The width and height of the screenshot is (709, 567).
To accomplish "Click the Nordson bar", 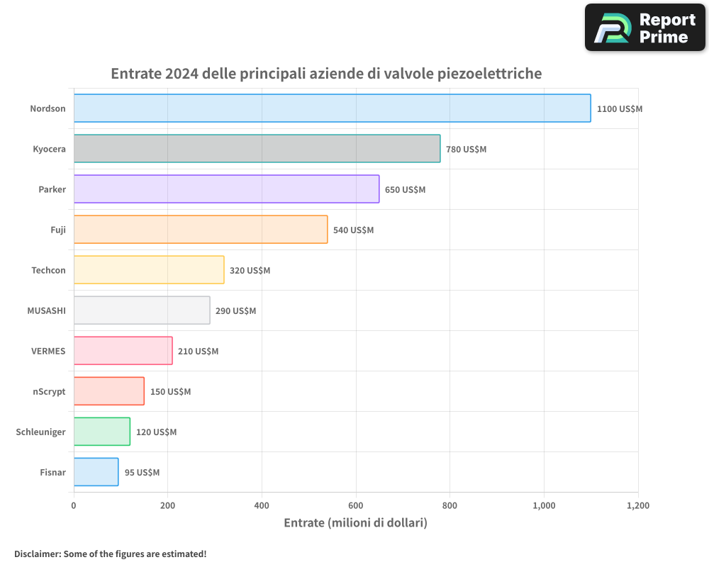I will click(332, 108).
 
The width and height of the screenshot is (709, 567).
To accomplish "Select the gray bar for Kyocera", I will click(257, 149).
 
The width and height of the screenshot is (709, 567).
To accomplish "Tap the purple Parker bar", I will click(226, 189).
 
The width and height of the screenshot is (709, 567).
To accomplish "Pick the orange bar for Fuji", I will click(201, 230).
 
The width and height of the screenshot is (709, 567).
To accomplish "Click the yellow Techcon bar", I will click(149, 270).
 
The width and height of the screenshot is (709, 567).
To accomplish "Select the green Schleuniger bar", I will click(102, 432).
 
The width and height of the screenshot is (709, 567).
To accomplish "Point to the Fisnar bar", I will click(96, 472).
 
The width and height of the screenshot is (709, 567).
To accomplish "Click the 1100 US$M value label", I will click(619, 109).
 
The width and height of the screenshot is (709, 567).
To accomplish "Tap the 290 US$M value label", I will click(235, 311).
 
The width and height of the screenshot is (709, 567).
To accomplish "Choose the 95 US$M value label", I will click(142, 473).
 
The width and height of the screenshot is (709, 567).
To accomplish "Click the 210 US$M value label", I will click(198, 352).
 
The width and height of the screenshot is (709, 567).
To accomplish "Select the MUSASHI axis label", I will click(46, 310).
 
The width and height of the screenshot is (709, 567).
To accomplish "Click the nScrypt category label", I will click(49, 391).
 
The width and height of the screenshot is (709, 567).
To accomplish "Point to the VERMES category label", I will click(48, 351).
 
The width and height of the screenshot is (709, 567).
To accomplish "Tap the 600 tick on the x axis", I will click(356, 506).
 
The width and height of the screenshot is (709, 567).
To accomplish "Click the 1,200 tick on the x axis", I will click(637, 506).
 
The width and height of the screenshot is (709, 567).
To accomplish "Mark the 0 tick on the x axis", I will click(74, 506).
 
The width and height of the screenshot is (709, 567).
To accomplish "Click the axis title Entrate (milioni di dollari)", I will click(355, 523).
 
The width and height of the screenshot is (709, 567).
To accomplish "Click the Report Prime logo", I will click(645, 28).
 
